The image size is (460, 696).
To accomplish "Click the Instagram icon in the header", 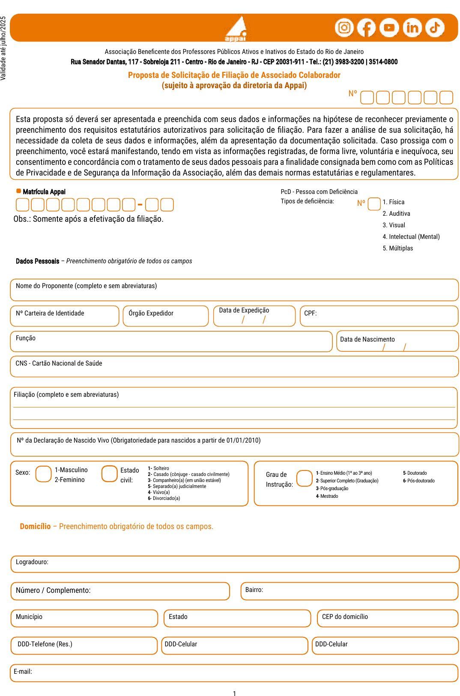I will (x=344, y=28).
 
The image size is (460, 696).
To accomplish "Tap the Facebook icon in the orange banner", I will (x=367, y=28).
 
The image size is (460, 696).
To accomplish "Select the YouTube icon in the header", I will (x=389, y=28).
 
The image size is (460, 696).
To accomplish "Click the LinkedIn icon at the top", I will (x=412, y=28).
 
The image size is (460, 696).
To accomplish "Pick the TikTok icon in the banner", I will (x=435, y=28).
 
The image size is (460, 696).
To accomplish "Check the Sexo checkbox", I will (x=43, y=474).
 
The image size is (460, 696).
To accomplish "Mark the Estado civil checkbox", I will (x=109, y=474).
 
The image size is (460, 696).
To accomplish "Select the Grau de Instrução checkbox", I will (x=304, y=478).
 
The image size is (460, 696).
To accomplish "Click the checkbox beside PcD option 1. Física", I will (x=374, y=204).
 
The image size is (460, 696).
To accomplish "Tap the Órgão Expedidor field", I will (x=166, y=316).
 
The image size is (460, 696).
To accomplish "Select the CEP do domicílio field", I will (x=388, y=618).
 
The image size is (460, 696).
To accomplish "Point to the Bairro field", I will (x=349, y=591).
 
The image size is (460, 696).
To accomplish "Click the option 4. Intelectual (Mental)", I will (x=411, y=237).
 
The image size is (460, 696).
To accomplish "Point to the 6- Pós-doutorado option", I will (x=419, y=481).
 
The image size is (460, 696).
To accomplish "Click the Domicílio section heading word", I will (x=35, y=526).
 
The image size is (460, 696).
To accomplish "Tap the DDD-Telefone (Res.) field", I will (x=84, y=645).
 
